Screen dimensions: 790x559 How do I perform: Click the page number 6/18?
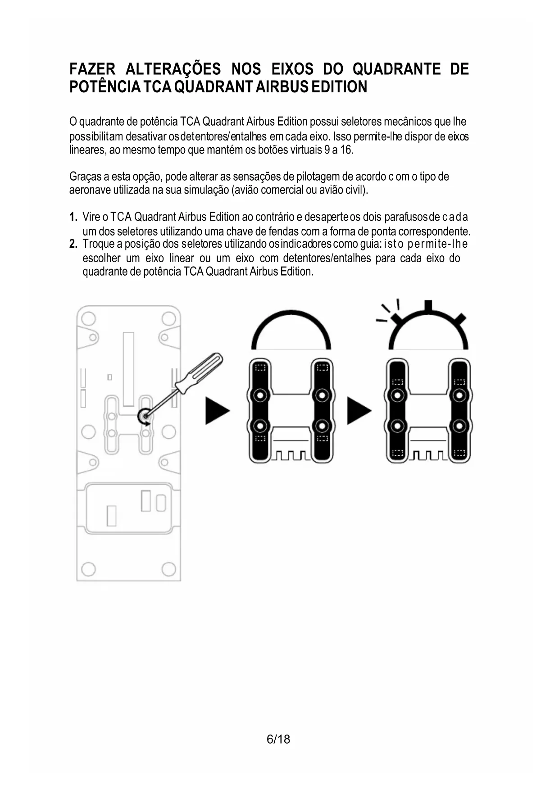[x=278, y=739]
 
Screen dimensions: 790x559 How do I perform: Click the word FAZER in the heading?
[x=92, y=69]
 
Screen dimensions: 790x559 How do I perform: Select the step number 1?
[x=73, y=217]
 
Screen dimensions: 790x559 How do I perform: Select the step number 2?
[x=73, y=244]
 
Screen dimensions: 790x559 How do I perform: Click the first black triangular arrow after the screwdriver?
[x=217, y=410]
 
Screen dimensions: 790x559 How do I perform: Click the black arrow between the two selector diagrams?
[x=359, y=410]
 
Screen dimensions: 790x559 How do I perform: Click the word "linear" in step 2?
[x=182, y=258]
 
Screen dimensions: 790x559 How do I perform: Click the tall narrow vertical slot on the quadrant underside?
[x=128, y=368]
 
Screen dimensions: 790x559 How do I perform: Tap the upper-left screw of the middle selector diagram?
[x=260, y=395]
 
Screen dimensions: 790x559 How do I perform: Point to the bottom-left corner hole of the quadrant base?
[x=88, y=569]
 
